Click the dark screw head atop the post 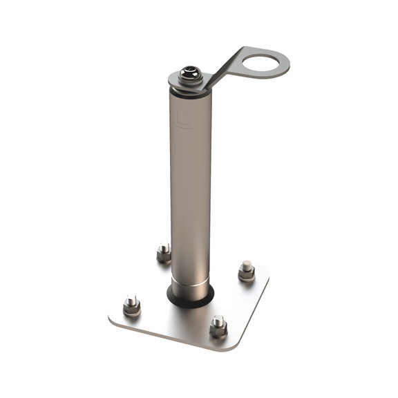[x=189, y=73]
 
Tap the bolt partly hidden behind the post [x=164, y=253]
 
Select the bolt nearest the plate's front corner [x=218, y=325]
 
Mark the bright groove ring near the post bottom [x=190, y=278]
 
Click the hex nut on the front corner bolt [x=218, y=330]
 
